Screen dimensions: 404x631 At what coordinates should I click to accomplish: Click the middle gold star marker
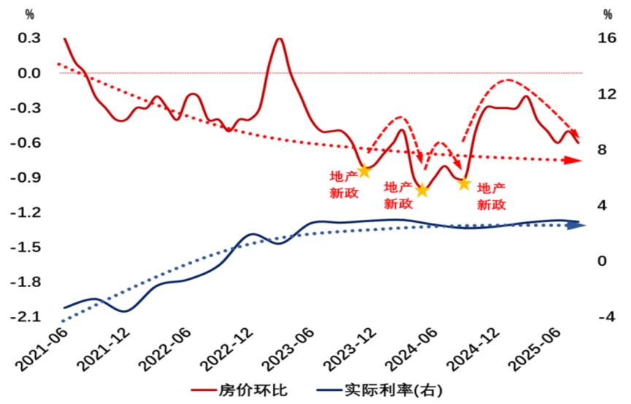[421, 191]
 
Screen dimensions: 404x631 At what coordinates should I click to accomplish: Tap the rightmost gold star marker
[464, 184]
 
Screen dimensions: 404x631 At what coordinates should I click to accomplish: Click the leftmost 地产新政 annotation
[345, 184]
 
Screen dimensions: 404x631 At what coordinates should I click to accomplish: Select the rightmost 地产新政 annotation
[492, 196]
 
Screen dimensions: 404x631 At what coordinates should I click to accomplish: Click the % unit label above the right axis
[608, 15]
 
